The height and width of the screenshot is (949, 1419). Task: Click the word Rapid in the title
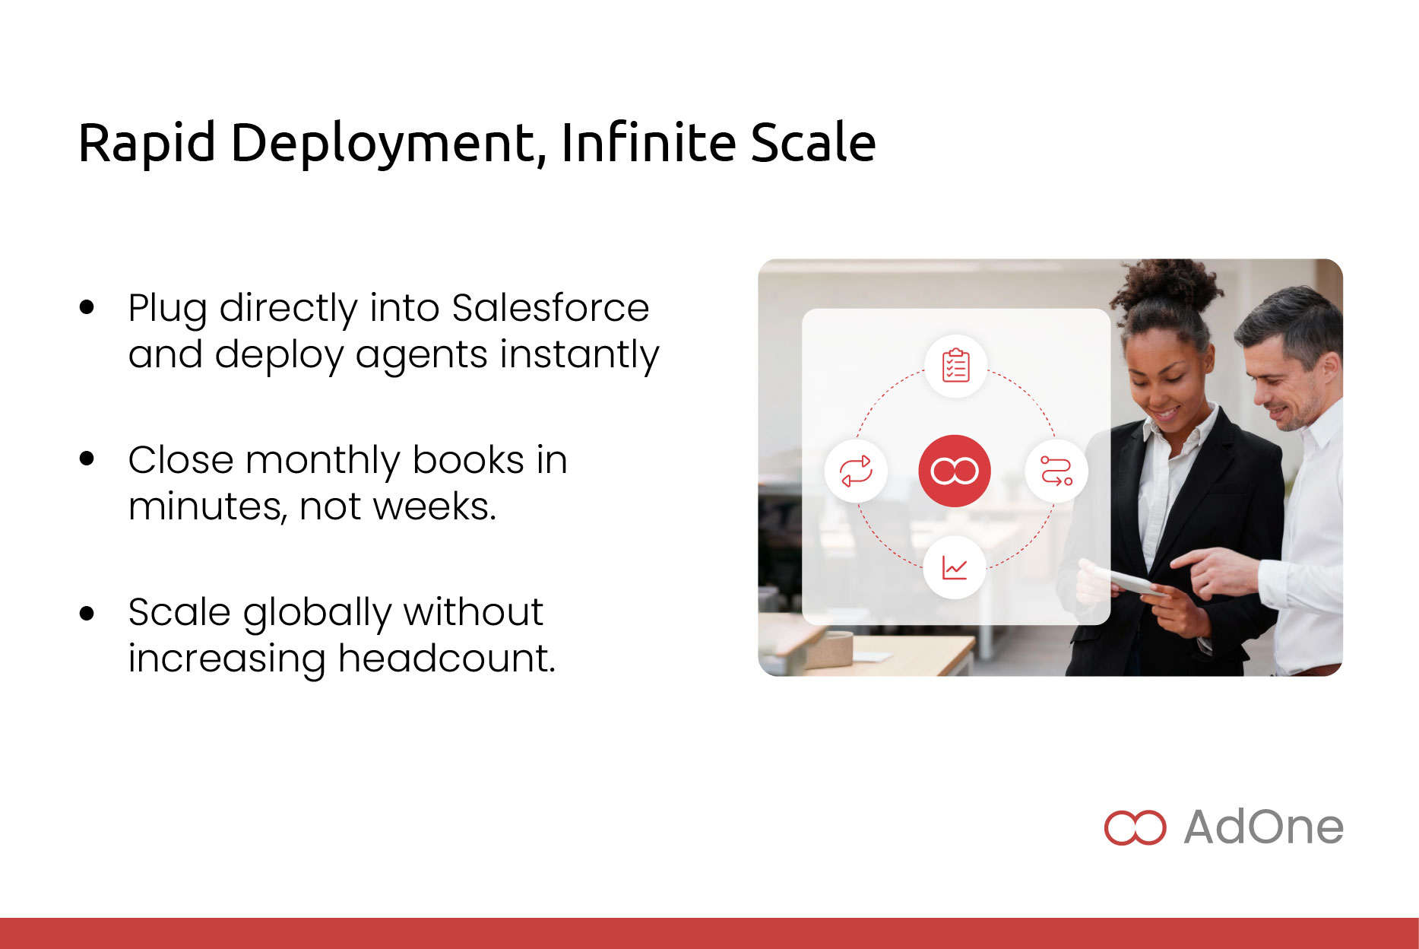(147, 143)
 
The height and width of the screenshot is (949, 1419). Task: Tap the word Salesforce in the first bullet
(550, 308)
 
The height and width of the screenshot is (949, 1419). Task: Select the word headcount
(447, 659)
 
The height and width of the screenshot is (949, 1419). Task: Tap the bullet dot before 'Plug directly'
(87, 307)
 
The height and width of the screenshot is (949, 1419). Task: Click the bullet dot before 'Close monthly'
(87, 459)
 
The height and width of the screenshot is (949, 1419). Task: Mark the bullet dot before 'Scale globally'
(87, 612)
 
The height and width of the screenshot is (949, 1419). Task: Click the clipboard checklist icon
(955, 366)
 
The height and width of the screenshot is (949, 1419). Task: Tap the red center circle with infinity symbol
(955, 471)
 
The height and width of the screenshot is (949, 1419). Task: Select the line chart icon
(955, 567)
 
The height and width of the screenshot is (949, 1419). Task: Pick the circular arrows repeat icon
(856, 471)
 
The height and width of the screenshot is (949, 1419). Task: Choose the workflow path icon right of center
(1056, 471)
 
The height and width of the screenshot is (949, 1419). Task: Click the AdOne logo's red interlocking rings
(1135, 827)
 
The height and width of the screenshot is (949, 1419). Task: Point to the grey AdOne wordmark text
(1264, 827)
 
